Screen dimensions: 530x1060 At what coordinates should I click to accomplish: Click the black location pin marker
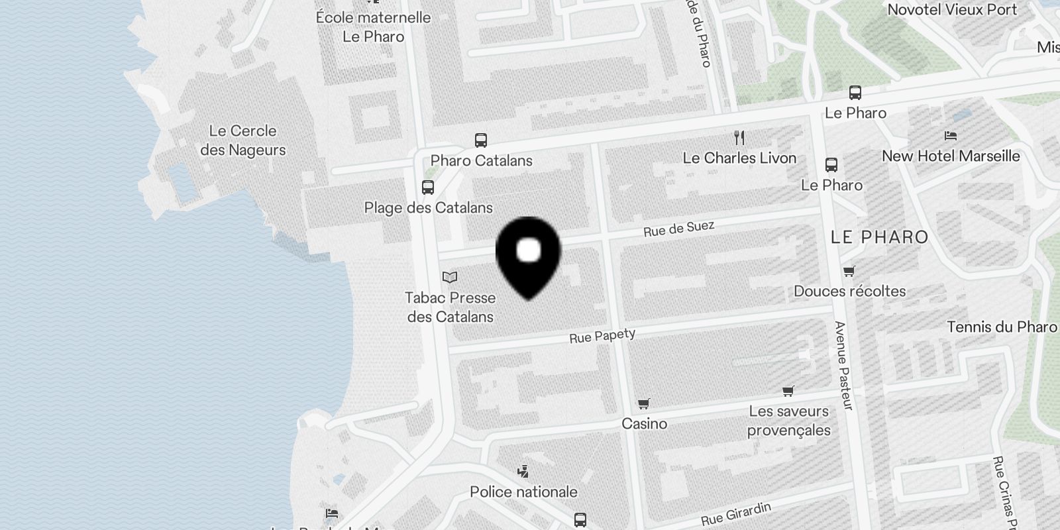(528, 256)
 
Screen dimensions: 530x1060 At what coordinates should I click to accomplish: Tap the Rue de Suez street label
(678, 229)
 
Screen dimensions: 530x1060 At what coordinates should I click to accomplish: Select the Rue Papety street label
(602, 336)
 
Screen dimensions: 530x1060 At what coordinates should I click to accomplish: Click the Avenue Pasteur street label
(842, 365)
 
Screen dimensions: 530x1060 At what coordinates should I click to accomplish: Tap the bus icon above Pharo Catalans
(481, 140)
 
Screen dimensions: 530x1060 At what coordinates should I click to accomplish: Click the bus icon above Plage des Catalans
(428, 187)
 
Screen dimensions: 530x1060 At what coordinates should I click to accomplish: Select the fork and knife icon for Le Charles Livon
(739, 138)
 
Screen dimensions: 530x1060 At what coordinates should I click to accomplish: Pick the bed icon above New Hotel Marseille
(951, 136)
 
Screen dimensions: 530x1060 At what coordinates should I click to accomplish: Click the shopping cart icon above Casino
(644, 403)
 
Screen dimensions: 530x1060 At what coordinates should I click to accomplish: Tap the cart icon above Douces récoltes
(849, 271)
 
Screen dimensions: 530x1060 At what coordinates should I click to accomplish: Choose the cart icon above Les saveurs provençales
(788, 392)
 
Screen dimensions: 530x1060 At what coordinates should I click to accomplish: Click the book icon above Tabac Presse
(450, 278)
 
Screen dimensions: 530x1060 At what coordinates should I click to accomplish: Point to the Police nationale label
(523, 492)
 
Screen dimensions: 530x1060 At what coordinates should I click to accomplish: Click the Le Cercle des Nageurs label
(242, 140)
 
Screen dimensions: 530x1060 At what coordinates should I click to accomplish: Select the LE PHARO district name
(879, 237)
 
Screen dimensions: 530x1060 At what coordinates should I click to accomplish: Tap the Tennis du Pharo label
(1002, 327)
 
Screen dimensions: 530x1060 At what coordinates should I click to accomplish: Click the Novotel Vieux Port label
(952, 10)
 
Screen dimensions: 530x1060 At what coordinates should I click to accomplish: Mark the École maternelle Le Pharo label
(373, 26)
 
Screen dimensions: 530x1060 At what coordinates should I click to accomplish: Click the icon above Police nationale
(523, 472)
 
